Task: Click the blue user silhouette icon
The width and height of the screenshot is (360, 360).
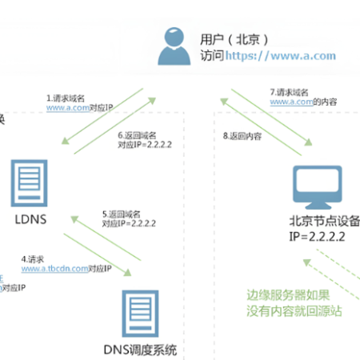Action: coord(172,46)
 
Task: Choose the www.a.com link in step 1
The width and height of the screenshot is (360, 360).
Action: coord(66,106)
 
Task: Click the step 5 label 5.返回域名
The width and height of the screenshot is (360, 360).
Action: coord(122,214)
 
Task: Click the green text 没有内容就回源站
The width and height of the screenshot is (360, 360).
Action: coord(294,310)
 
